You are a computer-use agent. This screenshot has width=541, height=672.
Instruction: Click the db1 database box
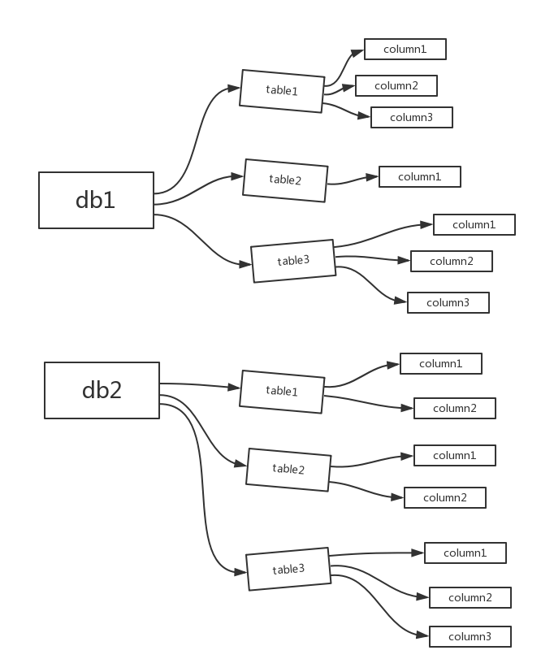pos(96,200)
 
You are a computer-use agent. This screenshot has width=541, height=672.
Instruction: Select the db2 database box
pos(102,391)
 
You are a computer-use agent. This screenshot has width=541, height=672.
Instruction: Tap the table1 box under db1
pos(282,90)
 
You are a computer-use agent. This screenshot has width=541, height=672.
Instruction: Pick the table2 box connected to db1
pos(285,180)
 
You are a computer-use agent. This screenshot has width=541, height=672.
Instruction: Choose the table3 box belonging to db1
pos(293,261)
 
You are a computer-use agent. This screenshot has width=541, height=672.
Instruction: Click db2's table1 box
pos(282,391)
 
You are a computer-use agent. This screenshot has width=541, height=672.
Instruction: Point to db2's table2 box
pos(288,469)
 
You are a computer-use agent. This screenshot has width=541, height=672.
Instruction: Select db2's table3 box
pos(288,569)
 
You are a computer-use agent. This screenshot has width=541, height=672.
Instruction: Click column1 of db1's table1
pos(405,49)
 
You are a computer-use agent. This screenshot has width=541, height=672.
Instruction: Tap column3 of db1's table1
pos(411,118)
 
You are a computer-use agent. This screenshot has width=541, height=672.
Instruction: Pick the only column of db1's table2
pos(419,176)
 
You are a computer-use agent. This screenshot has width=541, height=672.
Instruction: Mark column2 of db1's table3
pos(451,261)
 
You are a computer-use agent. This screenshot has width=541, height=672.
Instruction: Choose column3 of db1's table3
pos(448,303)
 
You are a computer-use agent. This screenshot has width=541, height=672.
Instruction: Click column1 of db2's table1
pos(440,363)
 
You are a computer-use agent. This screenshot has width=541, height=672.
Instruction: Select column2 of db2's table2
pos(444,497)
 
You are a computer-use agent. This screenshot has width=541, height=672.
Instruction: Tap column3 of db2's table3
pos(470,636)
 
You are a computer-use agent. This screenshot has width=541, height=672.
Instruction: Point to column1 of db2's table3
pos(465,553)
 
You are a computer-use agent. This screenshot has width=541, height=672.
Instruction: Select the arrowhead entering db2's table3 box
pos(243,572)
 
